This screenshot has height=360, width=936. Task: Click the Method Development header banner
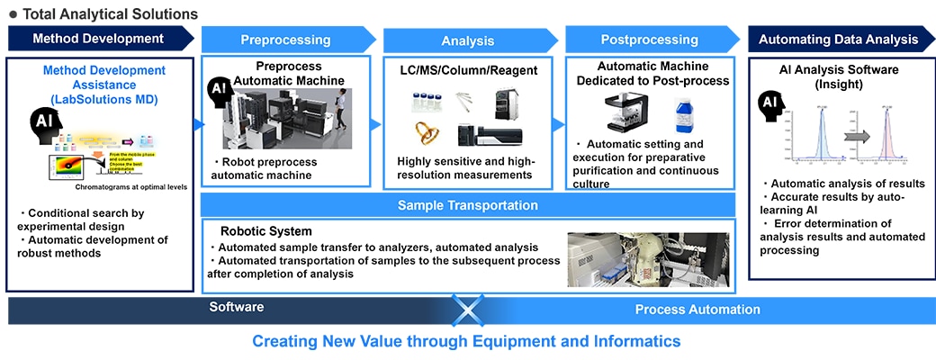(98, 39)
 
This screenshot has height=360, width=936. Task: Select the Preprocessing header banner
(285, 40)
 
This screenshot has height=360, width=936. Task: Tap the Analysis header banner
(468, 40)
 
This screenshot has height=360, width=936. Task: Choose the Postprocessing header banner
(650, 40)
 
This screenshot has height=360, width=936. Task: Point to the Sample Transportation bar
(468, 205)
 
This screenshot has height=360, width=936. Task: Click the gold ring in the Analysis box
(426, 132)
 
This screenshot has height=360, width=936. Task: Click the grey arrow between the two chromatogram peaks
(859, 136)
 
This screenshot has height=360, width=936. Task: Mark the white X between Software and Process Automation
(468, 310)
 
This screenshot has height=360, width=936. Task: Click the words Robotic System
(254, 230)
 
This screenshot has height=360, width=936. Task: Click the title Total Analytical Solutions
(110, 13)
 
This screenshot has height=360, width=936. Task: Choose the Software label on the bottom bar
(237, 308)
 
